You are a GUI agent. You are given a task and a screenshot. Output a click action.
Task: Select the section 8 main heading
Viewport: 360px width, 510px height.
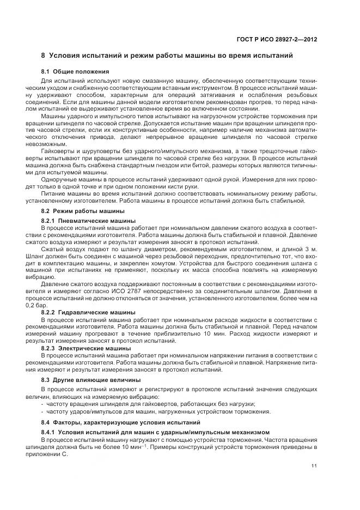tap(167, 56)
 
